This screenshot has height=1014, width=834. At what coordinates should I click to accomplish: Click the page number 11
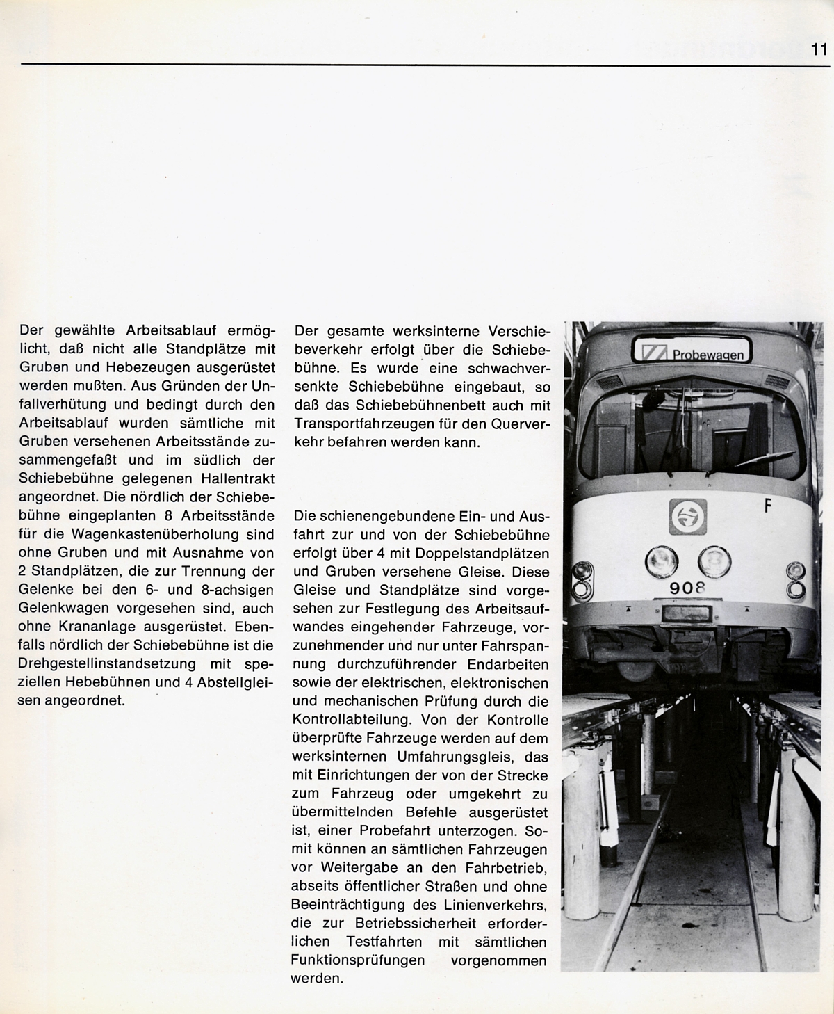(x=817, y=50)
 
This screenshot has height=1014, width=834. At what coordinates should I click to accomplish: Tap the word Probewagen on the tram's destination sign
(x=708, y=355)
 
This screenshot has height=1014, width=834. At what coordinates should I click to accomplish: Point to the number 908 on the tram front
(x=687, y=588)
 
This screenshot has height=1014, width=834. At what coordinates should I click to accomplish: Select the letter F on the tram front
(x=768, y=506)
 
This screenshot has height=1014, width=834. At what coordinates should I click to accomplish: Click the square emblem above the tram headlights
(x=687, y=517)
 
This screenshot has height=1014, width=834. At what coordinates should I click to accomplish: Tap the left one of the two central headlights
(x=661, y=561)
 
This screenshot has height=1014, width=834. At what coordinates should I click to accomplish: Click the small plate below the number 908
(x=686, y=613)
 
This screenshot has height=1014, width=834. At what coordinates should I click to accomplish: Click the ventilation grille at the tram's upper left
(x=607, y=382)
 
